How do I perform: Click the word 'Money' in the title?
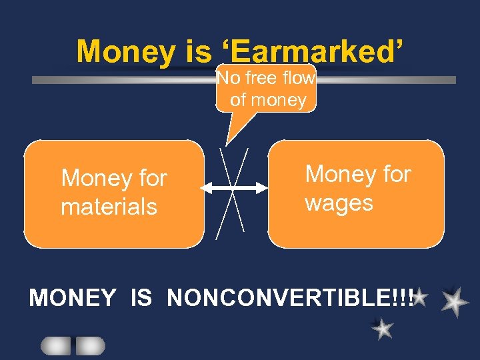point(123,51)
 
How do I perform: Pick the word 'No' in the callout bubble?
point(229,79)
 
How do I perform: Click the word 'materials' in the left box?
point(109,207)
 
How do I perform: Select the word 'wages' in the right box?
point(339,203)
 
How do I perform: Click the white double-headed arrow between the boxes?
point(233,189)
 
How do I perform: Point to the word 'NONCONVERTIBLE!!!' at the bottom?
point(291,298)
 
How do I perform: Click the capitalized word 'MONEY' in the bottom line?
point(73,298)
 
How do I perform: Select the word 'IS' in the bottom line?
point(141,298)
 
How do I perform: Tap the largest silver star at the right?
point(455,301)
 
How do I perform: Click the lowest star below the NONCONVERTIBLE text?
point(382,328)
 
